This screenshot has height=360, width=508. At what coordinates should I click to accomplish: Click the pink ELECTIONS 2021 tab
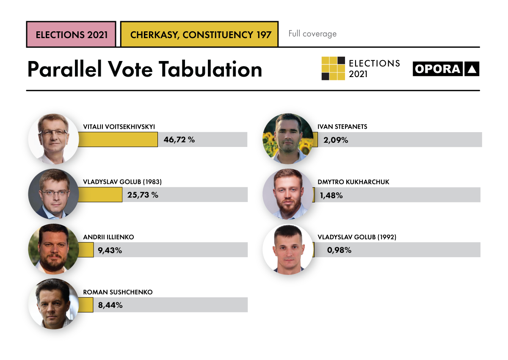click(x=71, y=34)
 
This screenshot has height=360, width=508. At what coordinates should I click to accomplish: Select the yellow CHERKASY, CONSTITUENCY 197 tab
click(x=199, y=34)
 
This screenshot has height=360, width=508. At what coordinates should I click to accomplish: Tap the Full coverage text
click(x=312, y=33)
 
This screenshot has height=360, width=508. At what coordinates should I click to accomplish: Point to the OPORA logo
click(x=446, y=69)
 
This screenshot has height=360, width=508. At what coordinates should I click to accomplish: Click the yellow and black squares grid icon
click(x=333, y=68)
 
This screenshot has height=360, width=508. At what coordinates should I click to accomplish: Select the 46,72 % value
click(x=179, y=139)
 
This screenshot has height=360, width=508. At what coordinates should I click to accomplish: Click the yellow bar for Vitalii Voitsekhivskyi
click(x=118, y=139)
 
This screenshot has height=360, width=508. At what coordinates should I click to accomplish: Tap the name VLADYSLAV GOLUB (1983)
click(x=122, y=182)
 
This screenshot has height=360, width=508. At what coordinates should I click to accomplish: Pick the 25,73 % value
click(x=143, y=195)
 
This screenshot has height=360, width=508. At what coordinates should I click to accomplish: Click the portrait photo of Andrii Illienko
click(x=53, y=249)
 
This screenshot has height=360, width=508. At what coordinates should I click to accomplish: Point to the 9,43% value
click(x=110, y=250)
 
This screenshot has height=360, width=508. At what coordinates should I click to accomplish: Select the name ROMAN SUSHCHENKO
click(x=118, y=292)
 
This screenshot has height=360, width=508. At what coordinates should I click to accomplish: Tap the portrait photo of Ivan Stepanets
click(x=288, y=138)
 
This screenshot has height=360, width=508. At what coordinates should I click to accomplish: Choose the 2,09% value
click(x=336, y=140)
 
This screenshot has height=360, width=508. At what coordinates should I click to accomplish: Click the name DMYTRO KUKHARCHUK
click(x=353, y=182)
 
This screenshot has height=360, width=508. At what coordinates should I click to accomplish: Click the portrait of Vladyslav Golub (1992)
click(x=288, y=249)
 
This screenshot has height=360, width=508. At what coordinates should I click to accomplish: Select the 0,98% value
click(x=339, y=250)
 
